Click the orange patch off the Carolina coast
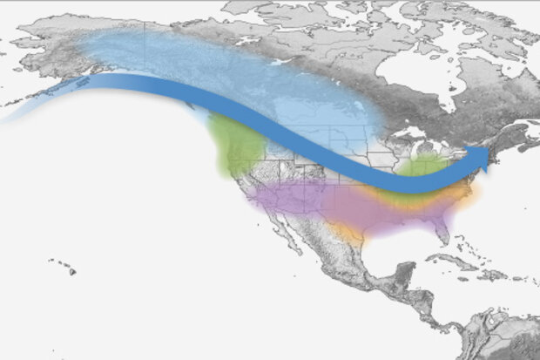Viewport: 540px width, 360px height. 471,197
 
